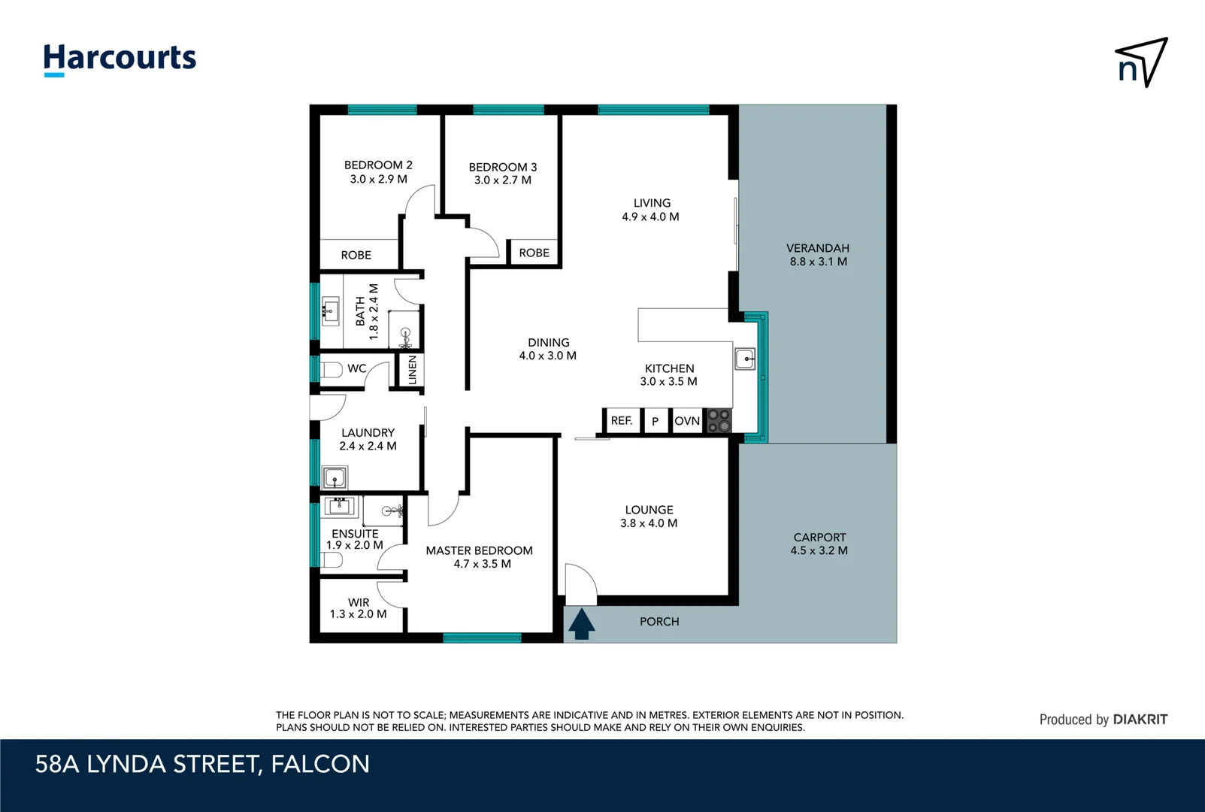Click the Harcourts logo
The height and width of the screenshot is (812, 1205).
(120, 59)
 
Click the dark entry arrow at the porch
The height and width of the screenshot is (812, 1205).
(582, 624)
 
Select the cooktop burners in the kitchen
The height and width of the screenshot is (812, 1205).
(719, 421)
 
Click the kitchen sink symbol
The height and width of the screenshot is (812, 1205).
(745, 359)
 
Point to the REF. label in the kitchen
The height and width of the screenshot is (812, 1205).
(622, 421)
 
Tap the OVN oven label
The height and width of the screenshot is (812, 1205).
(687, 421)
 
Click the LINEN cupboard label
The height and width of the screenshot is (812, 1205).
(412, 370)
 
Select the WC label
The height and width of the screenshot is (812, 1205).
(356, 368)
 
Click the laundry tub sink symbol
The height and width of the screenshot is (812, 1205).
(335, 477)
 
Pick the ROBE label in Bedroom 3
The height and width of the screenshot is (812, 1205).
(534, 253)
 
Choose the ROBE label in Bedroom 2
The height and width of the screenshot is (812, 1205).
(356, 255)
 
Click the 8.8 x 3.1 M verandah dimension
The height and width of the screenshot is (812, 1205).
(818, 262)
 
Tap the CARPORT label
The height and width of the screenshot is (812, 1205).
(819, 537)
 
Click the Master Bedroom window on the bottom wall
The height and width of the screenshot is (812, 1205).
(482, 638)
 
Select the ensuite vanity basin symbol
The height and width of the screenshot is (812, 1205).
(339, 505)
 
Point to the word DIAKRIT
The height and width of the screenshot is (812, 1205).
(1140, 720)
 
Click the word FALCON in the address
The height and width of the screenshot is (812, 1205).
(320, 764)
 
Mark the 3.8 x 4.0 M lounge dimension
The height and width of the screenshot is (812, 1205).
(649, 523)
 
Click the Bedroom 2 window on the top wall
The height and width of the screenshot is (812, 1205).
(383, 110)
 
